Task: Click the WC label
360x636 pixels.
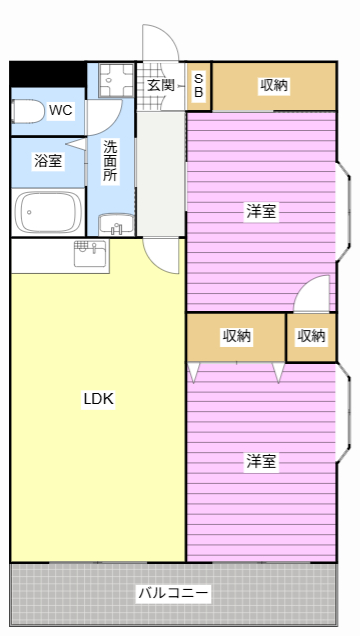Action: (60, 110)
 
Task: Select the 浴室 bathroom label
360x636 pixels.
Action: (46, 160)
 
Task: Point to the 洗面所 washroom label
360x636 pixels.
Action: (110, 160)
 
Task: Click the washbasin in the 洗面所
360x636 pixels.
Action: (115, 224)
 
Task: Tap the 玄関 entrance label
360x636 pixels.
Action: (161, 85)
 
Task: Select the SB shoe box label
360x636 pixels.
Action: (198, 85)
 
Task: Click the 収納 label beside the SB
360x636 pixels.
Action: (274, 85)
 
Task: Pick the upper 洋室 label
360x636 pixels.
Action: (262, 211)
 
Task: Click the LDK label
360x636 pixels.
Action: (98, 399)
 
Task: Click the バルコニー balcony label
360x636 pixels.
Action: (173, 594)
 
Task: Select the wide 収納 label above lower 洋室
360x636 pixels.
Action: (237, 337)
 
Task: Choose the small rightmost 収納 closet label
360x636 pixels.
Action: (311, 337)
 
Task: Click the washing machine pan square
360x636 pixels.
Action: (110, 80)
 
